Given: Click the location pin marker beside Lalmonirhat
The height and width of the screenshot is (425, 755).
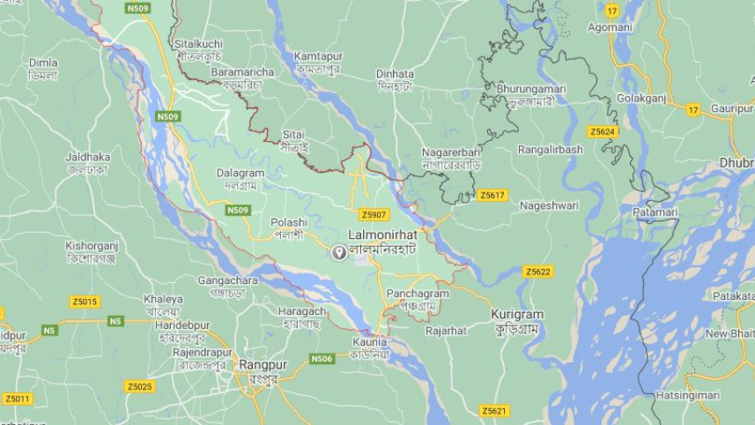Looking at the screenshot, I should [338, 253].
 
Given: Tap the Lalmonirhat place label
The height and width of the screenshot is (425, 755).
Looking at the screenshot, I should [382, 235].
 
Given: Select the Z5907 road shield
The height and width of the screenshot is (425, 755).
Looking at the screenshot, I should [374, 214].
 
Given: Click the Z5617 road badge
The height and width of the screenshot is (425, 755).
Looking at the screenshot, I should [492, 195].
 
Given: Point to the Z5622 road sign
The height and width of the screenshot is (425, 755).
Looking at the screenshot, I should [538, 272].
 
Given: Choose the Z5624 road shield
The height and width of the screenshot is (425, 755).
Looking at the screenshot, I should [603, 131].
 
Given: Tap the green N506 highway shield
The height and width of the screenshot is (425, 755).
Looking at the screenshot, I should [322, 359].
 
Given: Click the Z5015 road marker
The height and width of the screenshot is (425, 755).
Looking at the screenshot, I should [85, 302].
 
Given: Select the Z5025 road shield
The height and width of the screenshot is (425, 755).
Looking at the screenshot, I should [139, 386].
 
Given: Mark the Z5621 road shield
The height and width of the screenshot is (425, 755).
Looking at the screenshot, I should [494, 411].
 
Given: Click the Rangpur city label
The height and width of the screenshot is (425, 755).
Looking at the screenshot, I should [262, 364].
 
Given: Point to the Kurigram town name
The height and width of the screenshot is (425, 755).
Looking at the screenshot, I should [517, 315].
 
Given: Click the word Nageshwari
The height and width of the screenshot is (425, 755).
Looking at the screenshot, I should [549, 205].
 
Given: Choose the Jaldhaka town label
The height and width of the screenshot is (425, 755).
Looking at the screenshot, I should [87, 157].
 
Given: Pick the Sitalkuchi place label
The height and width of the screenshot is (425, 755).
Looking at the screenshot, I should [198, 43].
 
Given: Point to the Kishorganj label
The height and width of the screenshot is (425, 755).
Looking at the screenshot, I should [92, 246].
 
